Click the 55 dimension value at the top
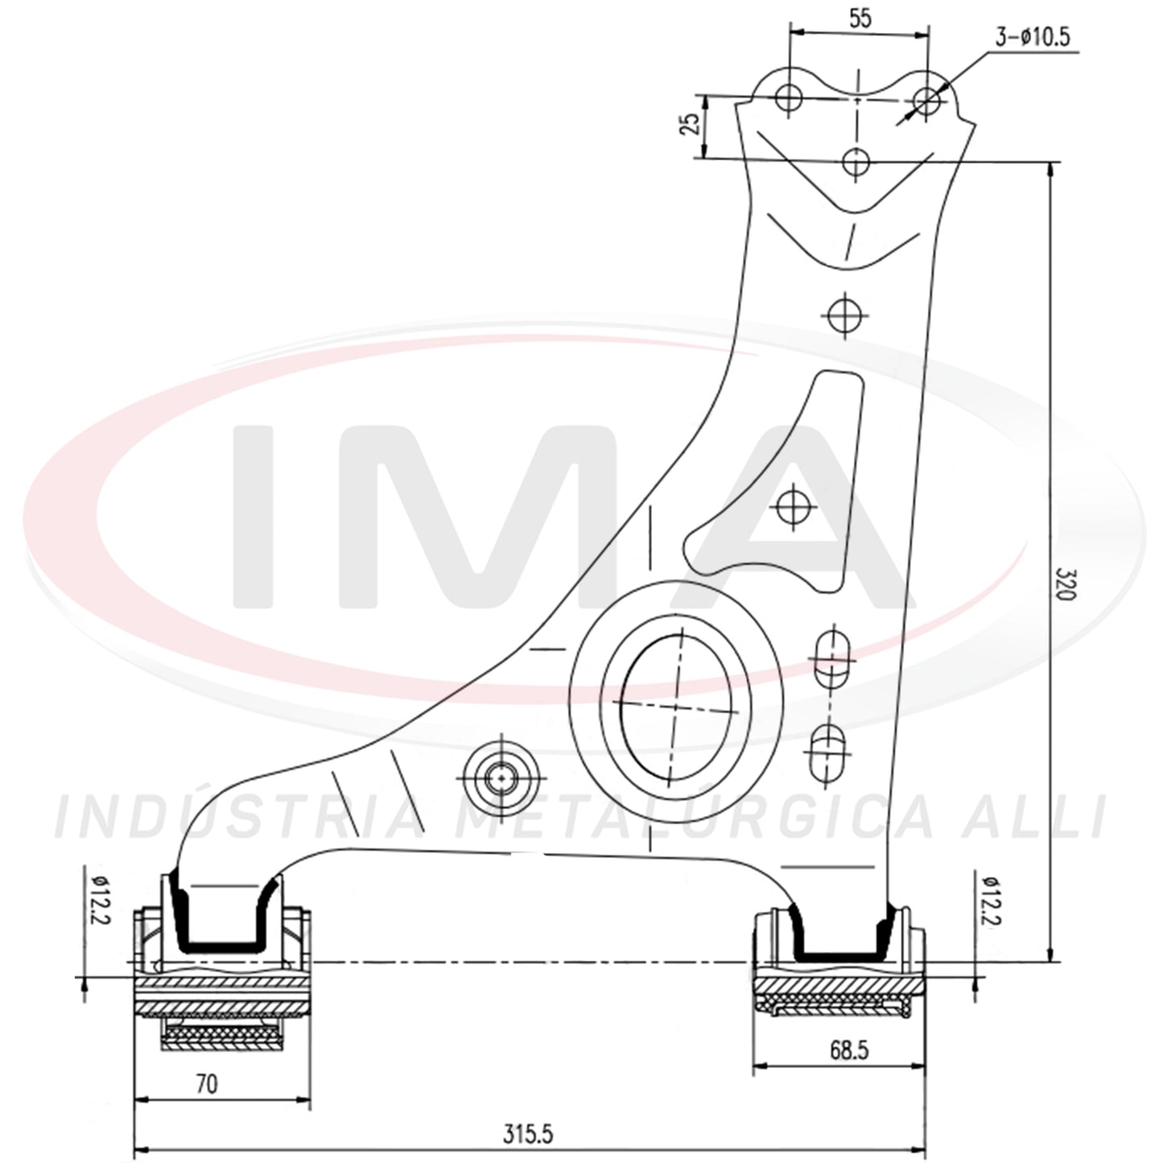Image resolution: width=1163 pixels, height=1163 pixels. [860, 19]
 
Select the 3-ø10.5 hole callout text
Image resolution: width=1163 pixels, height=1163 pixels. [1032, 38]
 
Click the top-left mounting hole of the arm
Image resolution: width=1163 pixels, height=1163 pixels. [788, 97]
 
